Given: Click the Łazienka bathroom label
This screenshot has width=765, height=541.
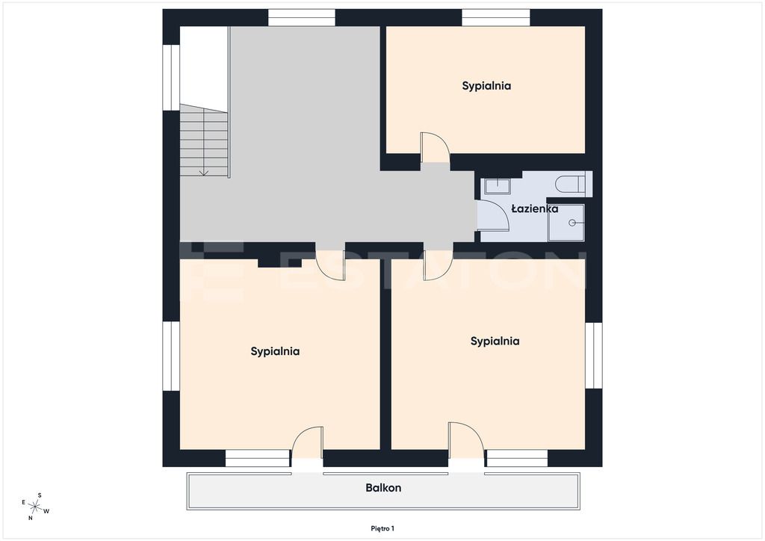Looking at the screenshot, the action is (x=535, y=208).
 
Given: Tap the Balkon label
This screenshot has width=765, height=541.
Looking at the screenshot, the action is (x=383, y=487).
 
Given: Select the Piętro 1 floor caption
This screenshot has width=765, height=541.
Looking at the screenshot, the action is (x=382, y=528).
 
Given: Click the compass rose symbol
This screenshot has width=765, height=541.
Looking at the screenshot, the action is (x=35, y=507).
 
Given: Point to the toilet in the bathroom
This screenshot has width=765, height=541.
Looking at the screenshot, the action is (x=573, y=184).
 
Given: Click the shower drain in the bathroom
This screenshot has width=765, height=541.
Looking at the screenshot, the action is (x=572, y=223).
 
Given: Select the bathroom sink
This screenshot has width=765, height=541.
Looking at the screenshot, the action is (x=497, y=186).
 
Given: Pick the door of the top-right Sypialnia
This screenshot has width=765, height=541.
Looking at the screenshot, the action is (x=436, y=147).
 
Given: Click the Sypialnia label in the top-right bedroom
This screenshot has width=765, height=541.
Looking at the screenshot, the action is (x=486, y=86).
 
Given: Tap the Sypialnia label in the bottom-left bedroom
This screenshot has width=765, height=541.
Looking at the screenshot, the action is (x=275, y=351).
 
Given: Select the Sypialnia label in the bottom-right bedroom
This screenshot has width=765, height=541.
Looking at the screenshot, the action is (x=495, y=341).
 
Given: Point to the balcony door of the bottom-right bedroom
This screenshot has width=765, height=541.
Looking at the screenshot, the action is (x=466, y=440).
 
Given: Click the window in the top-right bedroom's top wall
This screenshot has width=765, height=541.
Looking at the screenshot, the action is (x=496, y=18).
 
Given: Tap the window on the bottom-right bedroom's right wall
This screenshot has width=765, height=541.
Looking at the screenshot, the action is (x=594, y=356).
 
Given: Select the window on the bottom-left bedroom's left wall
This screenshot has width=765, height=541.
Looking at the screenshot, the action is (x=171, y=356).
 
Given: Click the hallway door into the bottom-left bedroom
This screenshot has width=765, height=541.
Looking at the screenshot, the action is (x=331, y=265).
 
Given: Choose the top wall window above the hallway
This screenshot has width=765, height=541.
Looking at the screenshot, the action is (x=302, y=18).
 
